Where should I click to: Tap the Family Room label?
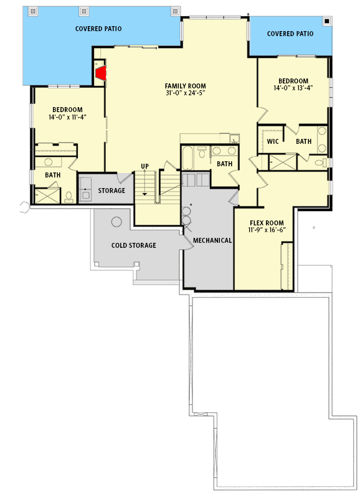(x=186, y=86)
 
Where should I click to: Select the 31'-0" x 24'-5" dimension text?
(x=186, y=93)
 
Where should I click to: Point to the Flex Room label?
(x=267, y=223)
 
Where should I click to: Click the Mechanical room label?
(x=212, y=240)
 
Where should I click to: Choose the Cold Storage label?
(x=133, y=245)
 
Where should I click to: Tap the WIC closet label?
(x=273, y=141)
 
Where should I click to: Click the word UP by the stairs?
(x=144, y=166)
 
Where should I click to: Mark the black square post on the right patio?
(x=327, y=21)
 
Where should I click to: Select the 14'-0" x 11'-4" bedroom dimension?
(x=68, y=117)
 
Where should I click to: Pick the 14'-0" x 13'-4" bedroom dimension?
(x=293, y=88)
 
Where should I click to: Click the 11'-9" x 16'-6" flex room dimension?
(x=267, y=230)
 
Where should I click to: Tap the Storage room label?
(x=111, y=191)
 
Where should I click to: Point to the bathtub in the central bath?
(x=187, y=158)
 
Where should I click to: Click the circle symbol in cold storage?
(x=116, y=222)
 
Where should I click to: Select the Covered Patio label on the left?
(x=98, y=29)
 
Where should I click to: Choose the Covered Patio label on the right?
(x=290, y=34)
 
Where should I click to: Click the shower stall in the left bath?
(x=47, y=196)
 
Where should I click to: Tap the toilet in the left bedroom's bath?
(x=69, y=197)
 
